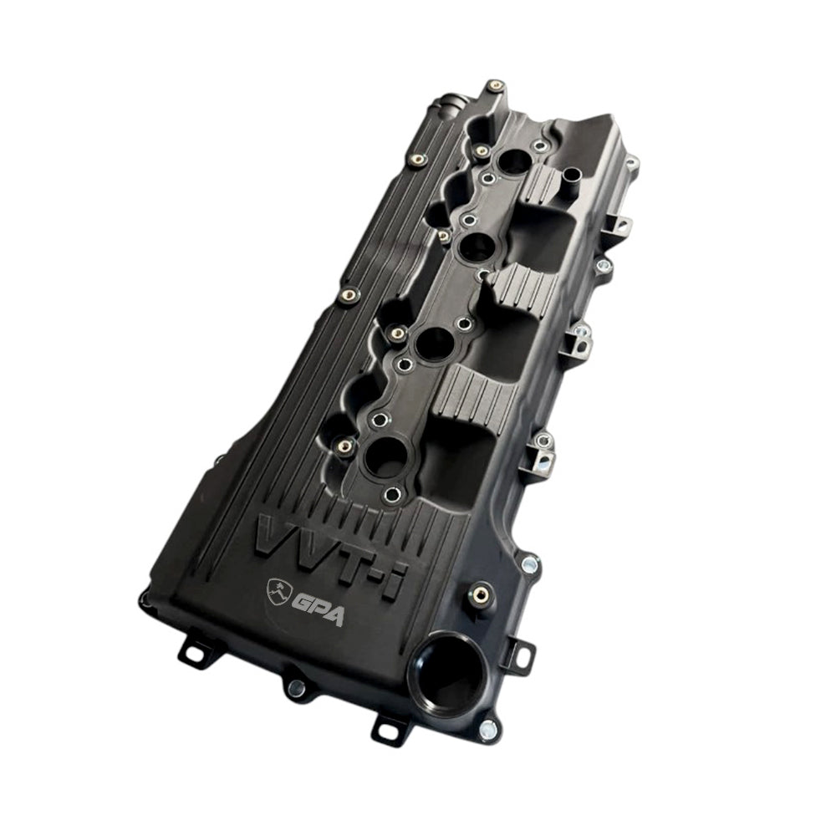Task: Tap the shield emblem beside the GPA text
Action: click(x=278, y=590)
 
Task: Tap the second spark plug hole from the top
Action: click(x=477, y=247)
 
